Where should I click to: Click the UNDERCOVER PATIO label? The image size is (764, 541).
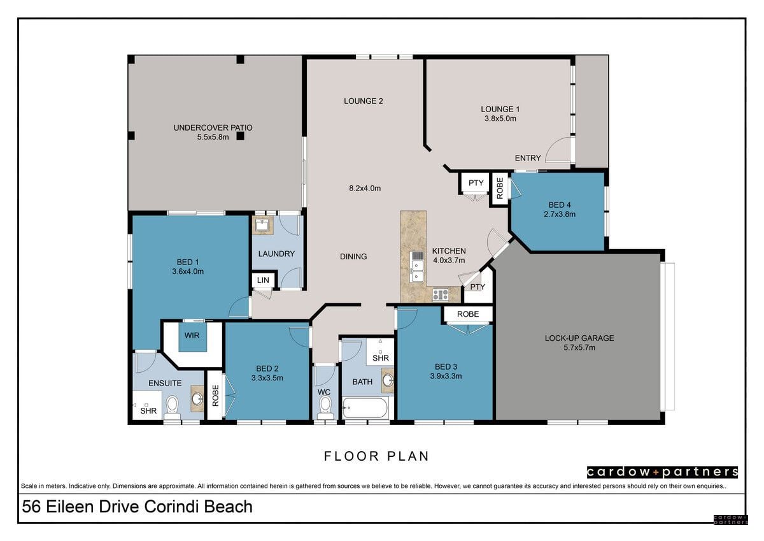pos(213,127)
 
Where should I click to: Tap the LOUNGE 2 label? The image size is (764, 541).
pos(364,101)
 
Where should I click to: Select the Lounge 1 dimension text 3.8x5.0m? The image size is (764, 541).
pos(500,119)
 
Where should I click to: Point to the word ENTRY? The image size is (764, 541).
pos(528,158)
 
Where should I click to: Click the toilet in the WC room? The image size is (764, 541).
pos(325,408)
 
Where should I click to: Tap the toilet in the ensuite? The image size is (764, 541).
pos(173,408)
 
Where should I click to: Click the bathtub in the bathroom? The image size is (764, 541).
pos(365,408)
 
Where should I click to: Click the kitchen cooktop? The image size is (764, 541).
pos(441,294)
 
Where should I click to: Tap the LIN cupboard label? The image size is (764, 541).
pos(263,280)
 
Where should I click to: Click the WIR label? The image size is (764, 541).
pos(192,336)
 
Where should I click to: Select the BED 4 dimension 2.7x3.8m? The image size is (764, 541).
pos(560,214)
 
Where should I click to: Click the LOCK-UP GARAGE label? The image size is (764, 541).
pos(579,338)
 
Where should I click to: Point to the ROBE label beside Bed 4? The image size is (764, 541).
pos(500,188)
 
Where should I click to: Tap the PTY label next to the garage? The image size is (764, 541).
pos(478,287)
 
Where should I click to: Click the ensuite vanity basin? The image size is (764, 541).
pos(197,398)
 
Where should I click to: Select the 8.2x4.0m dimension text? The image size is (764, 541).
pos(365,188)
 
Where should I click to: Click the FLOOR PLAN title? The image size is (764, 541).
pos(376,456)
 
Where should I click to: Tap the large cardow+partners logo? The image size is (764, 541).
pos(662,472)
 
